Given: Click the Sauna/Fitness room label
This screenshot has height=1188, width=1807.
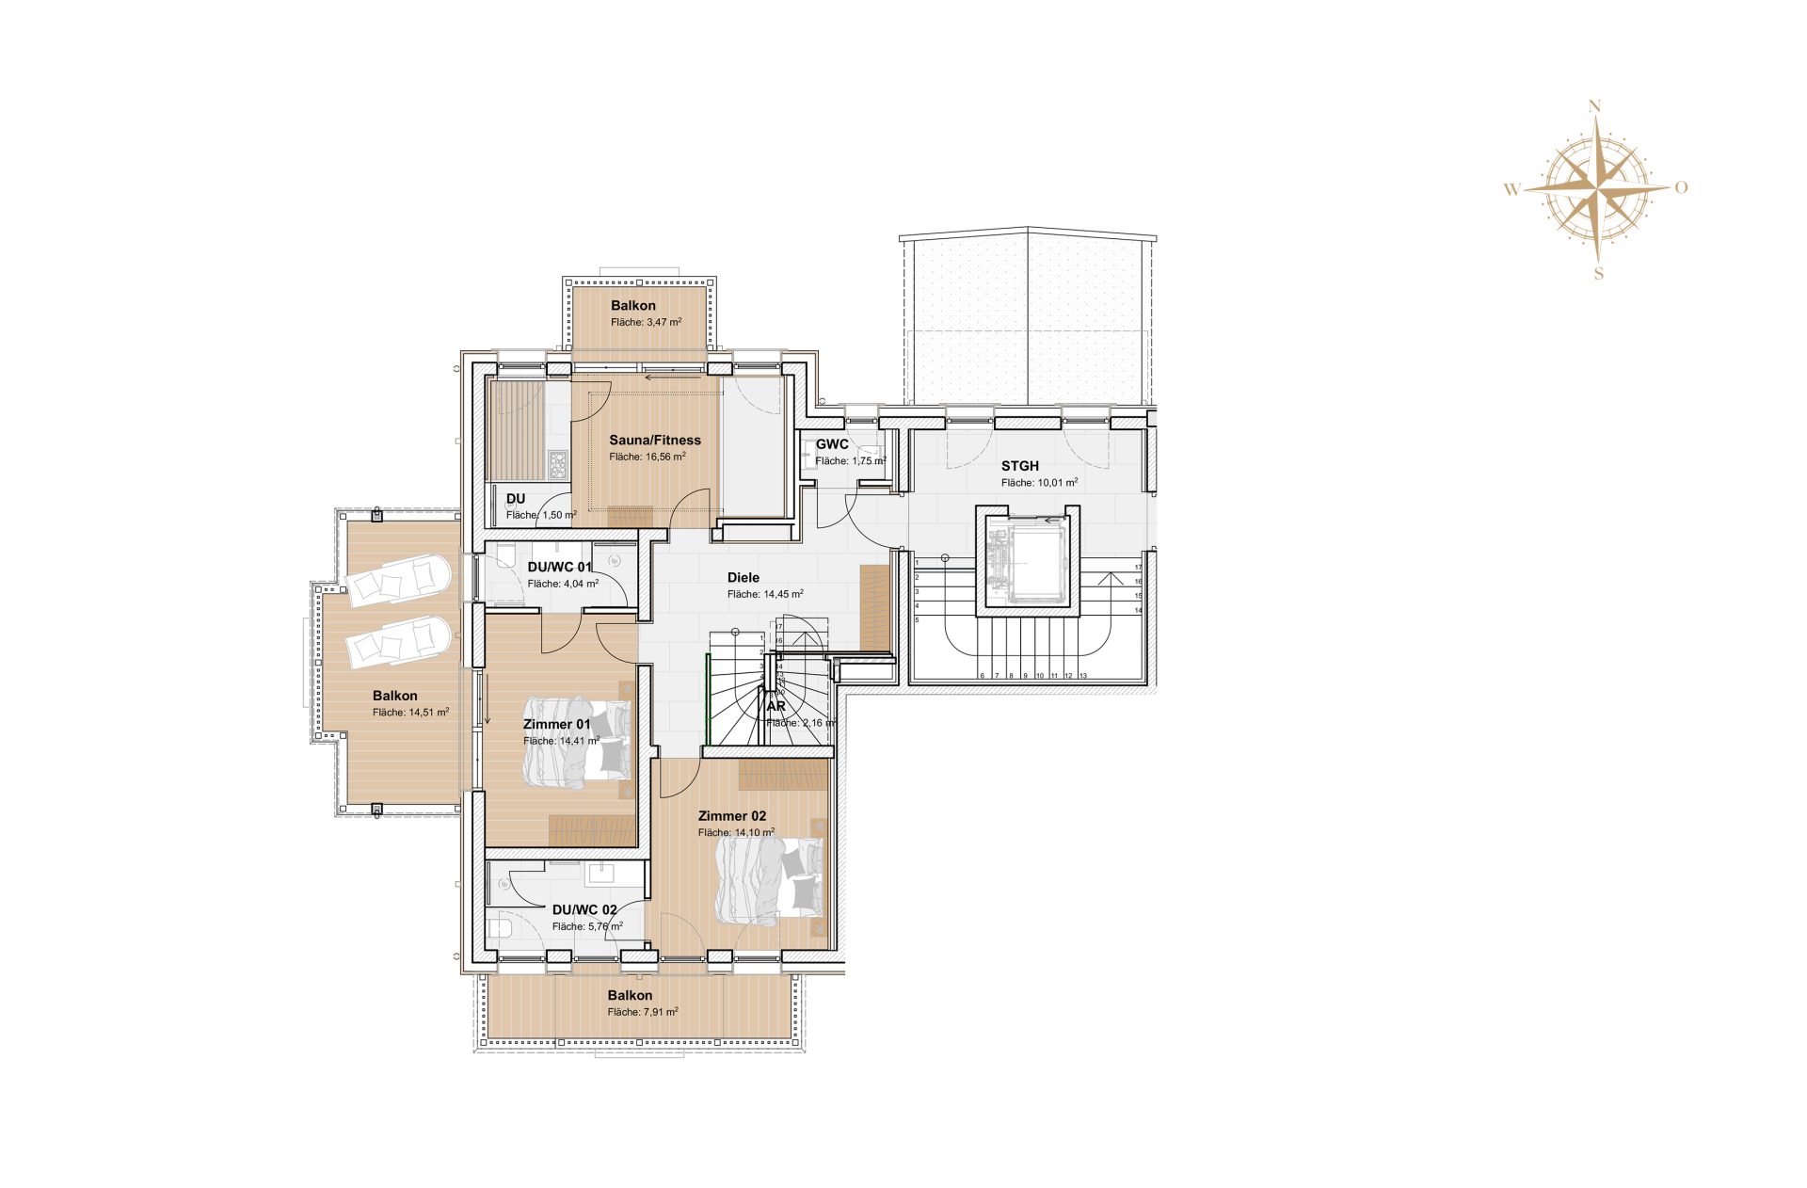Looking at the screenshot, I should coord(654,440).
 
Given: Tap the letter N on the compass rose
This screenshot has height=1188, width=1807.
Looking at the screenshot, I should coord(1594,106).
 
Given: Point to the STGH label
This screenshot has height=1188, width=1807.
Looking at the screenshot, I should coord(1019,466).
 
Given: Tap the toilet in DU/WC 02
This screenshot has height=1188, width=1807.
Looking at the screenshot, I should coord(501,930).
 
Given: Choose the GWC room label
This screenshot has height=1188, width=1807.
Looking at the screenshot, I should coord(832,444).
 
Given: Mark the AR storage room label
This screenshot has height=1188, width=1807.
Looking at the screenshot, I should coord(776,706).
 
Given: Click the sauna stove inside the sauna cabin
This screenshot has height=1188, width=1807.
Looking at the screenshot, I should coord(558,464).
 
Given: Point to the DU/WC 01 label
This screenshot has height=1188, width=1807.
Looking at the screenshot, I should coord(559,567).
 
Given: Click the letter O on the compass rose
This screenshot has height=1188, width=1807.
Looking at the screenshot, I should coord(1681,187).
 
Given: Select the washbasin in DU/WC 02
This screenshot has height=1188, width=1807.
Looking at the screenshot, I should coord(600,874).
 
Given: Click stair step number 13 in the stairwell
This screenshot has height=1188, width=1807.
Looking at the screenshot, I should coord(1083,675).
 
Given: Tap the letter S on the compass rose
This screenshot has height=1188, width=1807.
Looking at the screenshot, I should coord(1598,274).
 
